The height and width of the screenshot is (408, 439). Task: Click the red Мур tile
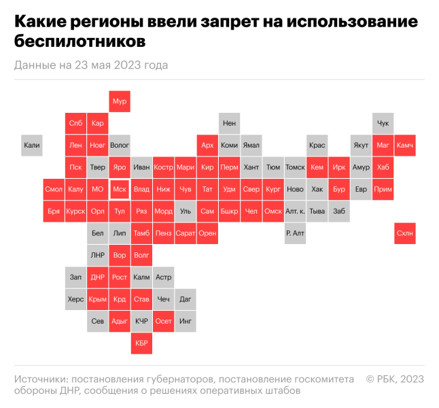(x=120, y=101)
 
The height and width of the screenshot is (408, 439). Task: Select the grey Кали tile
(x=32, y=145)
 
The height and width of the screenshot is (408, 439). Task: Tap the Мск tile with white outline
(x=120, y=189)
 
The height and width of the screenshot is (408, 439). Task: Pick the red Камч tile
(x=404, y=145)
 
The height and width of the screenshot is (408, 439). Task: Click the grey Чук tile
(x=383, y=123)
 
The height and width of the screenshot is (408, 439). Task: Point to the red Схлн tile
(x=404, y=233)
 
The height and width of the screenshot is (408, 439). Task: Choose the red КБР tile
(x=141, y=343)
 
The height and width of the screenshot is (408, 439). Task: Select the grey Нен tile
(x=230, y=123)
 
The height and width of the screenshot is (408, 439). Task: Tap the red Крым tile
(x=98, y=299)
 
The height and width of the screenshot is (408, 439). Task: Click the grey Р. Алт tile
(x=295, y=233)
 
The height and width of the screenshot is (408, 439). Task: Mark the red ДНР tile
(x=98, y=277)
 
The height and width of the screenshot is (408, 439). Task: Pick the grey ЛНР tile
(x=98, y=255)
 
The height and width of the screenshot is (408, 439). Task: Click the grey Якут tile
(x=361, y=145)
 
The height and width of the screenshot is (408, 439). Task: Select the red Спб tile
(x=75, y=123)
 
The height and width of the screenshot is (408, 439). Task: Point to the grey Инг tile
(x=186, y=321)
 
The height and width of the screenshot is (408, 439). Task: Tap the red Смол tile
(x=54, y=189)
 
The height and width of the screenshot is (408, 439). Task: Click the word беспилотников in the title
(x=80, y=42)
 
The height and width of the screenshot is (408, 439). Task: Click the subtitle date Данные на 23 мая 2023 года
(x=90, y=65)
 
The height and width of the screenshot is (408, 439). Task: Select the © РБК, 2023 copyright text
(x=395, y=378)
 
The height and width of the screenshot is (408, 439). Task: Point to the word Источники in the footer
(x=39, y=378)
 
